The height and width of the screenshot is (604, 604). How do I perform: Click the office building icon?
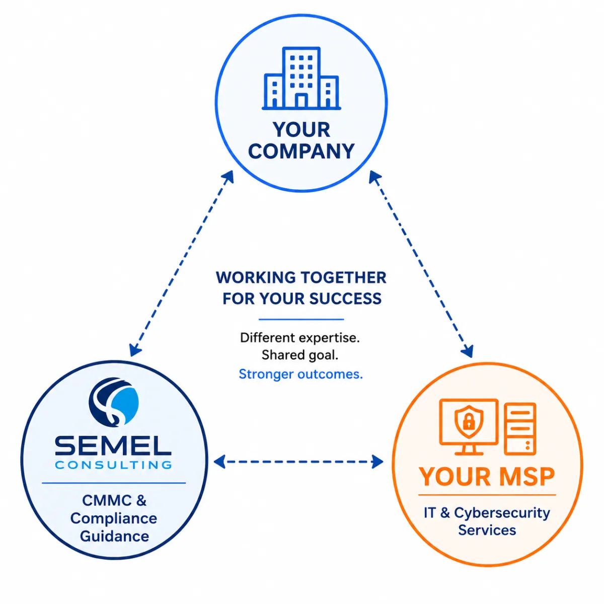301,79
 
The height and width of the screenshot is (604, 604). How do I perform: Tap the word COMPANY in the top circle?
301,151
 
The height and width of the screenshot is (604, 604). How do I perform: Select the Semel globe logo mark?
113,402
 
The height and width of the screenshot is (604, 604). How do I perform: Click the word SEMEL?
113,446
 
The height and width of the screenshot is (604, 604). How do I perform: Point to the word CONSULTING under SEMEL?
113,465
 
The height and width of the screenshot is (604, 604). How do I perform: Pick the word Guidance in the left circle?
114,536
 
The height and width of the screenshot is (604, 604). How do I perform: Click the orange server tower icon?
519,429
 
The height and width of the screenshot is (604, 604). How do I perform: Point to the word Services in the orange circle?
487,531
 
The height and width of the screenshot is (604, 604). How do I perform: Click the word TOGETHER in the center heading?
344,278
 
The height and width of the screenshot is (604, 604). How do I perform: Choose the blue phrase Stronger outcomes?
300,374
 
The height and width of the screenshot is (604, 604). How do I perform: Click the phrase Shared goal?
300,355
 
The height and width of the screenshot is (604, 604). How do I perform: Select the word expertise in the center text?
329,338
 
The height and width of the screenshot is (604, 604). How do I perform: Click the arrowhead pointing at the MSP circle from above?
468,351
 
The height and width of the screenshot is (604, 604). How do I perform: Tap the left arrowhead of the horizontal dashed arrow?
219,462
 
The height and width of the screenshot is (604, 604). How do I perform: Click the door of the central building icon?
301,101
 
